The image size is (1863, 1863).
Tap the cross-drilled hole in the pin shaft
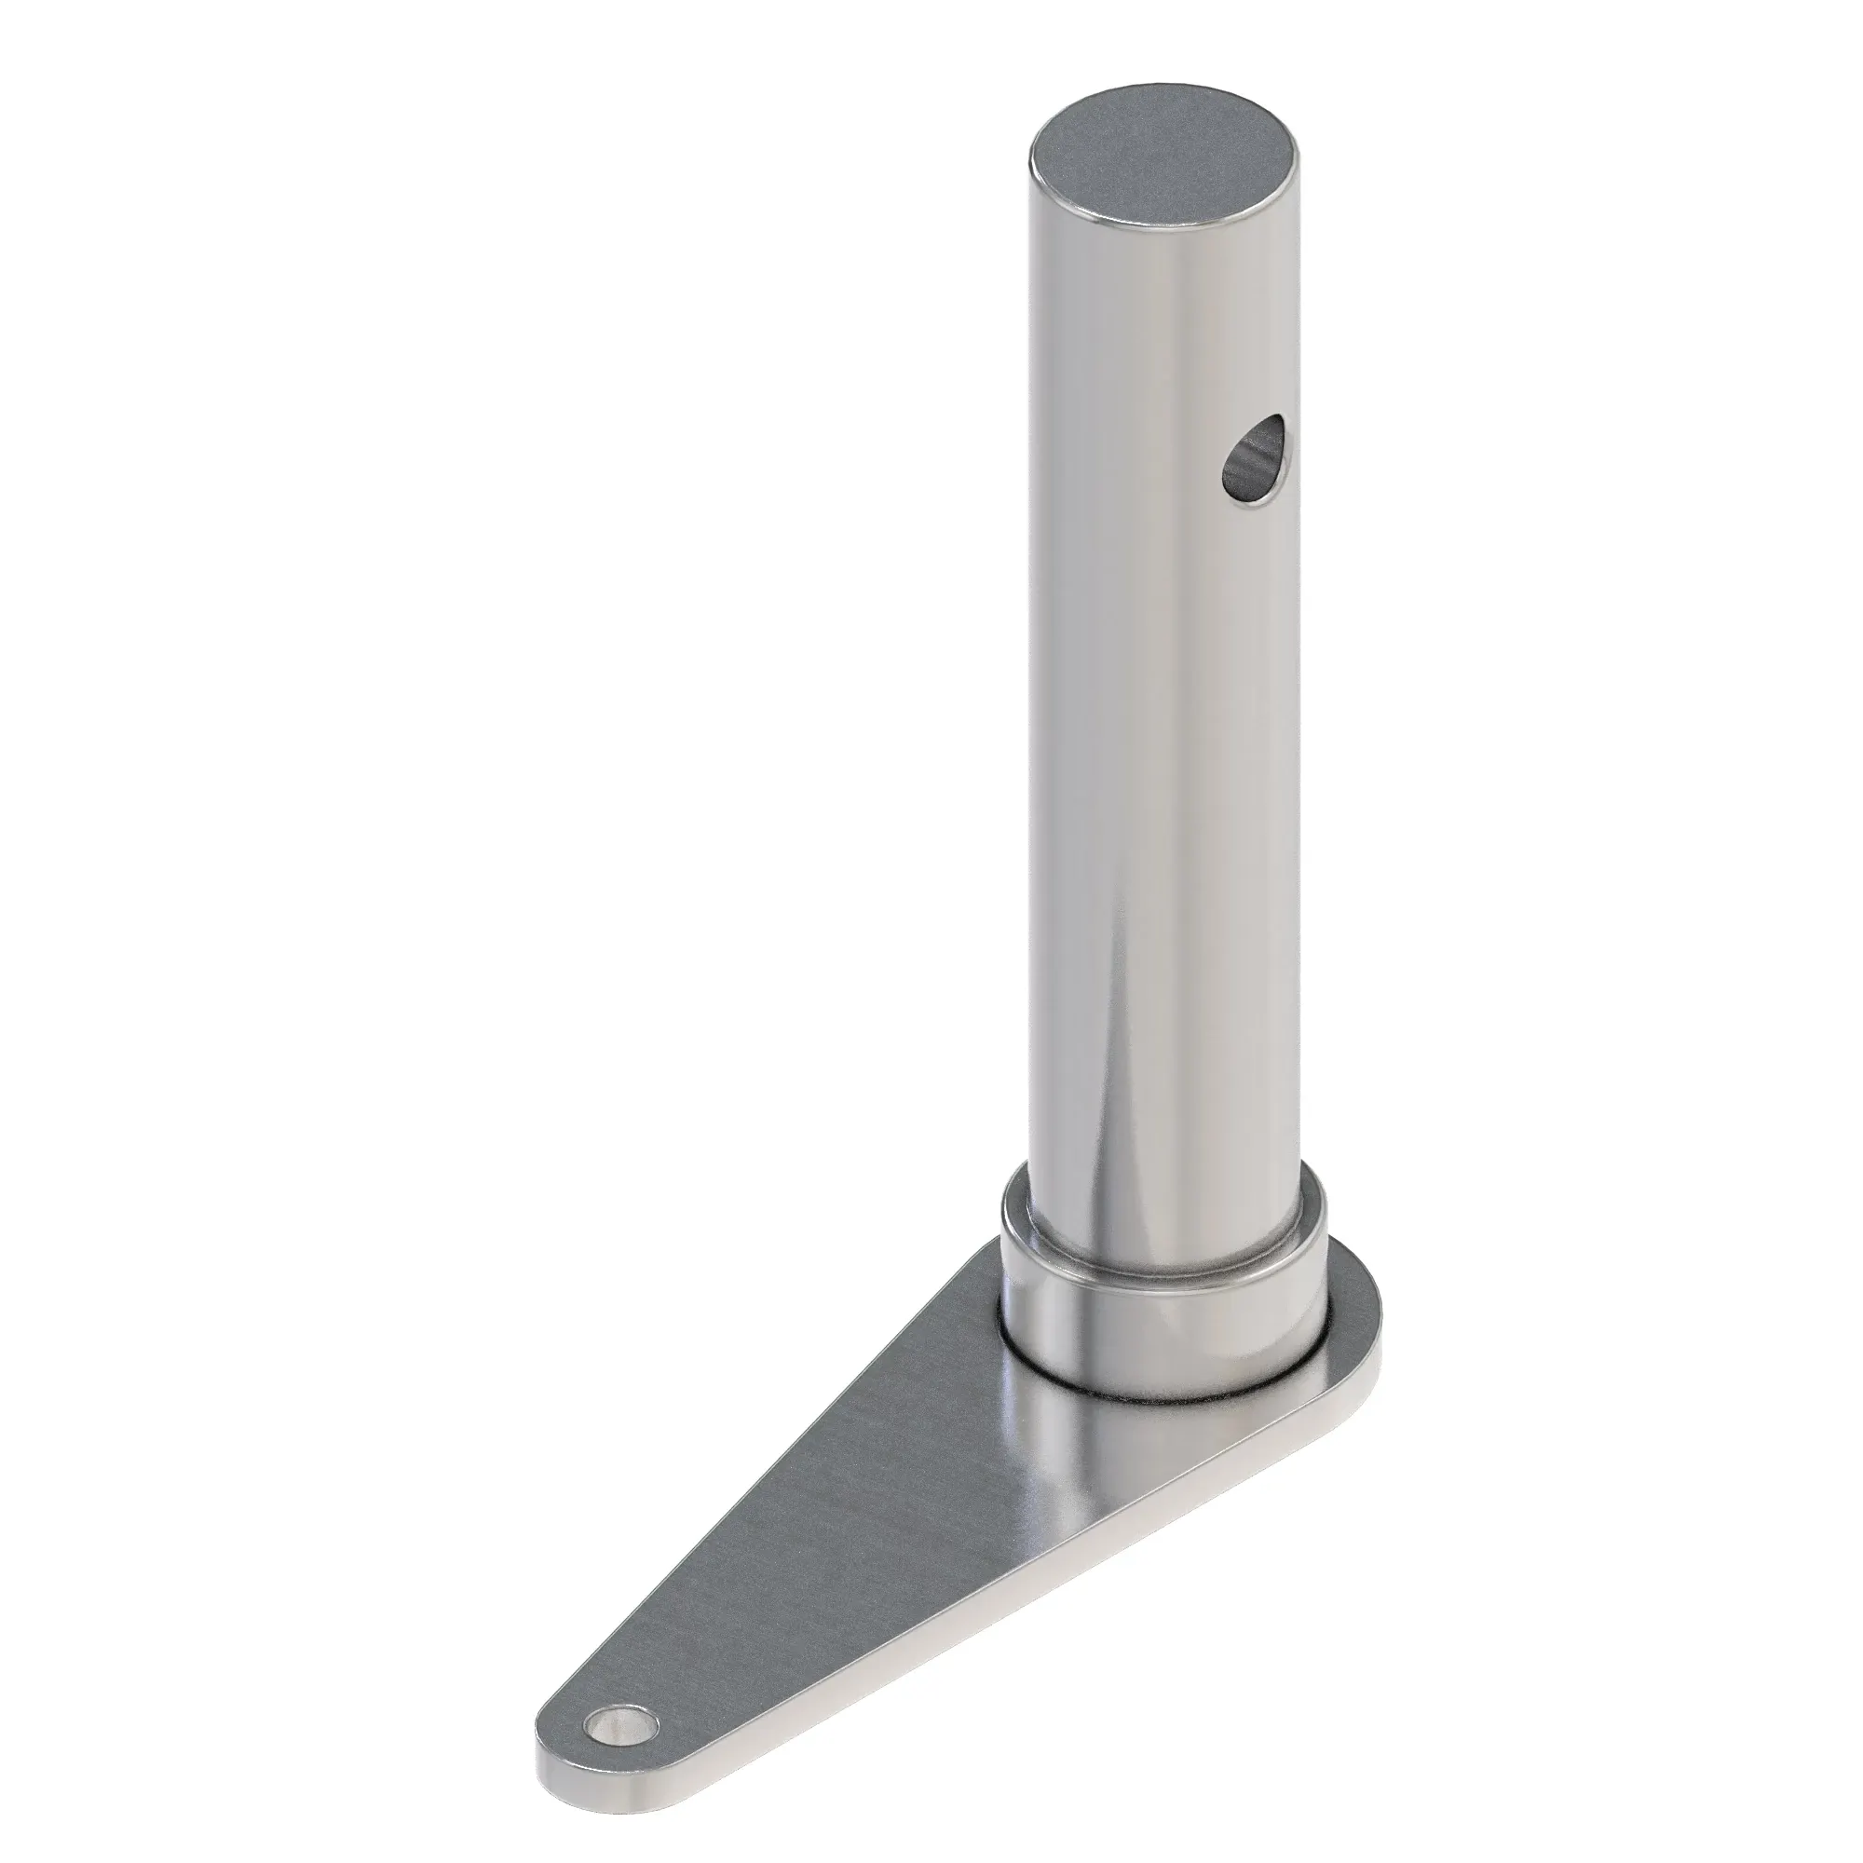coord(1252,460)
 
